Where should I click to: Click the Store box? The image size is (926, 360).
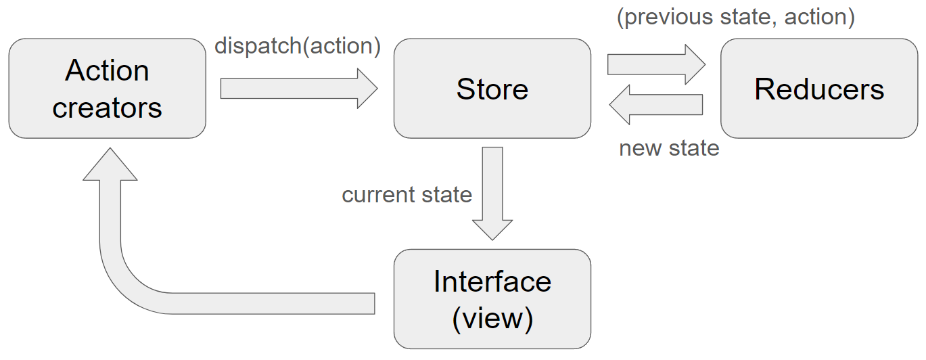(492, 89)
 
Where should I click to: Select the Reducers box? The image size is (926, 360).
(819, 89)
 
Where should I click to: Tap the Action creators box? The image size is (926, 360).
(107, 89)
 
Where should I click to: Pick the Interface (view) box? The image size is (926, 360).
(492, 299)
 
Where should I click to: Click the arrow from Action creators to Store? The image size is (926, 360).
(299, 89)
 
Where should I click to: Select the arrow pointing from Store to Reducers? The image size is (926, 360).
(657, 64)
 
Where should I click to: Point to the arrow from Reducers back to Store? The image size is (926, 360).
(656, 105)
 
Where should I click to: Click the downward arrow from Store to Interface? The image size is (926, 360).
(492, 194)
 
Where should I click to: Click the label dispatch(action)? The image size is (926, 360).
(297, 45)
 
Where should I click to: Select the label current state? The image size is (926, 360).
(407, 194)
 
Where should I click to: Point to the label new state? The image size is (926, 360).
(669, 148)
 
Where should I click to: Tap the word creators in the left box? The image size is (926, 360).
(107, 108)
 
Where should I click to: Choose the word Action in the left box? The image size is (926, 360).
(107, 70)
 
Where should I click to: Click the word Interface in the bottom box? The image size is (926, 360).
(492, 282)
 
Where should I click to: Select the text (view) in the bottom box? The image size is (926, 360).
(492, 319)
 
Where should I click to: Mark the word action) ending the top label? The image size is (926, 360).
(819, 18)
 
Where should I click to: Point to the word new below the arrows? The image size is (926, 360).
(640, 149)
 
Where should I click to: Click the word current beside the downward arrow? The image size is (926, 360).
(378, 196)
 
